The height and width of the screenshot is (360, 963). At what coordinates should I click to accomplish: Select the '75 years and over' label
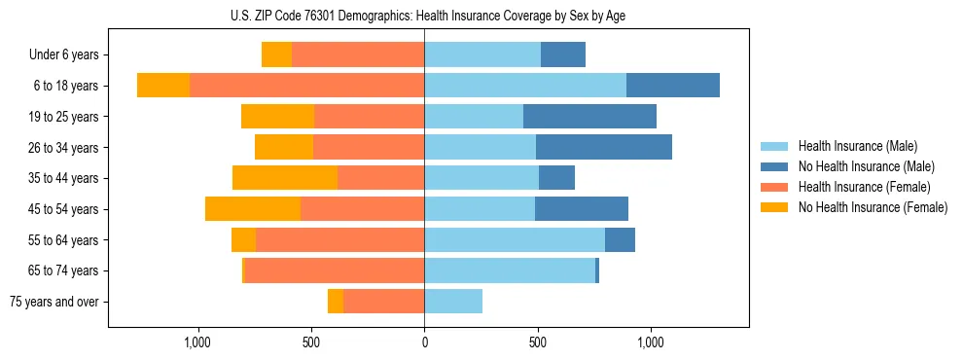53,302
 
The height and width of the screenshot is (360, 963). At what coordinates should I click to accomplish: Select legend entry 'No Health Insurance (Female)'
873,207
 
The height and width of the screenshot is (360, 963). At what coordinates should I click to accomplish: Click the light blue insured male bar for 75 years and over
453,302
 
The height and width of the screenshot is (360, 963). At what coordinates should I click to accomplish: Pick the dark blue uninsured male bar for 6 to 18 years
673,86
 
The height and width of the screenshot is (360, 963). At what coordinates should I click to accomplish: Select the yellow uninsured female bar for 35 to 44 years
285,178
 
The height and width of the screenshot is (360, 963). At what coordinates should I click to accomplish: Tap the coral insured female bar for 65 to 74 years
335,270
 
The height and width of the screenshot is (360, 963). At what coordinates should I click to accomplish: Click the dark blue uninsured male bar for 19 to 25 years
589,117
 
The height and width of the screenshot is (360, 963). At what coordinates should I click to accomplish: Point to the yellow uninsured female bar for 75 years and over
336,302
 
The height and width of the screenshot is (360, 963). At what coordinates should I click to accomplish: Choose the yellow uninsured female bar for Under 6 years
276,55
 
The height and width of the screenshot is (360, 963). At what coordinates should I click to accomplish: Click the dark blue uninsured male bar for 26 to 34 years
604,147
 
